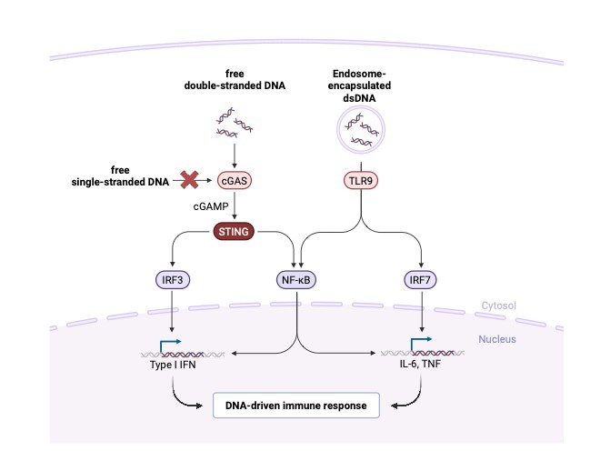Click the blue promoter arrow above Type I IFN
pyautogui.click(x=169, y=346)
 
